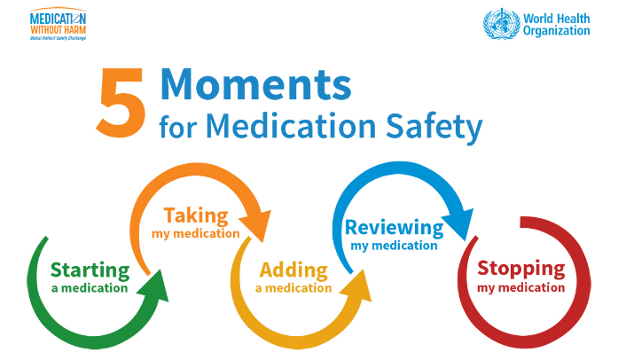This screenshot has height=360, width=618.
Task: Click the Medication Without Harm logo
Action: tap(58, 24)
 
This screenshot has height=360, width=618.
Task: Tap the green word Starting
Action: tap(90, 270)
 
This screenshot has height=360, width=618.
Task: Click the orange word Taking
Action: tap(196, 215)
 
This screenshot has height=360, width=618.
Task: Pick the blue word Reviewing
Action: tap(394, 228)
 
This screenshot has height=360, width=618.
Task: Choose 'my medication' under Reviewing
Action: tap(394, 246)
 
